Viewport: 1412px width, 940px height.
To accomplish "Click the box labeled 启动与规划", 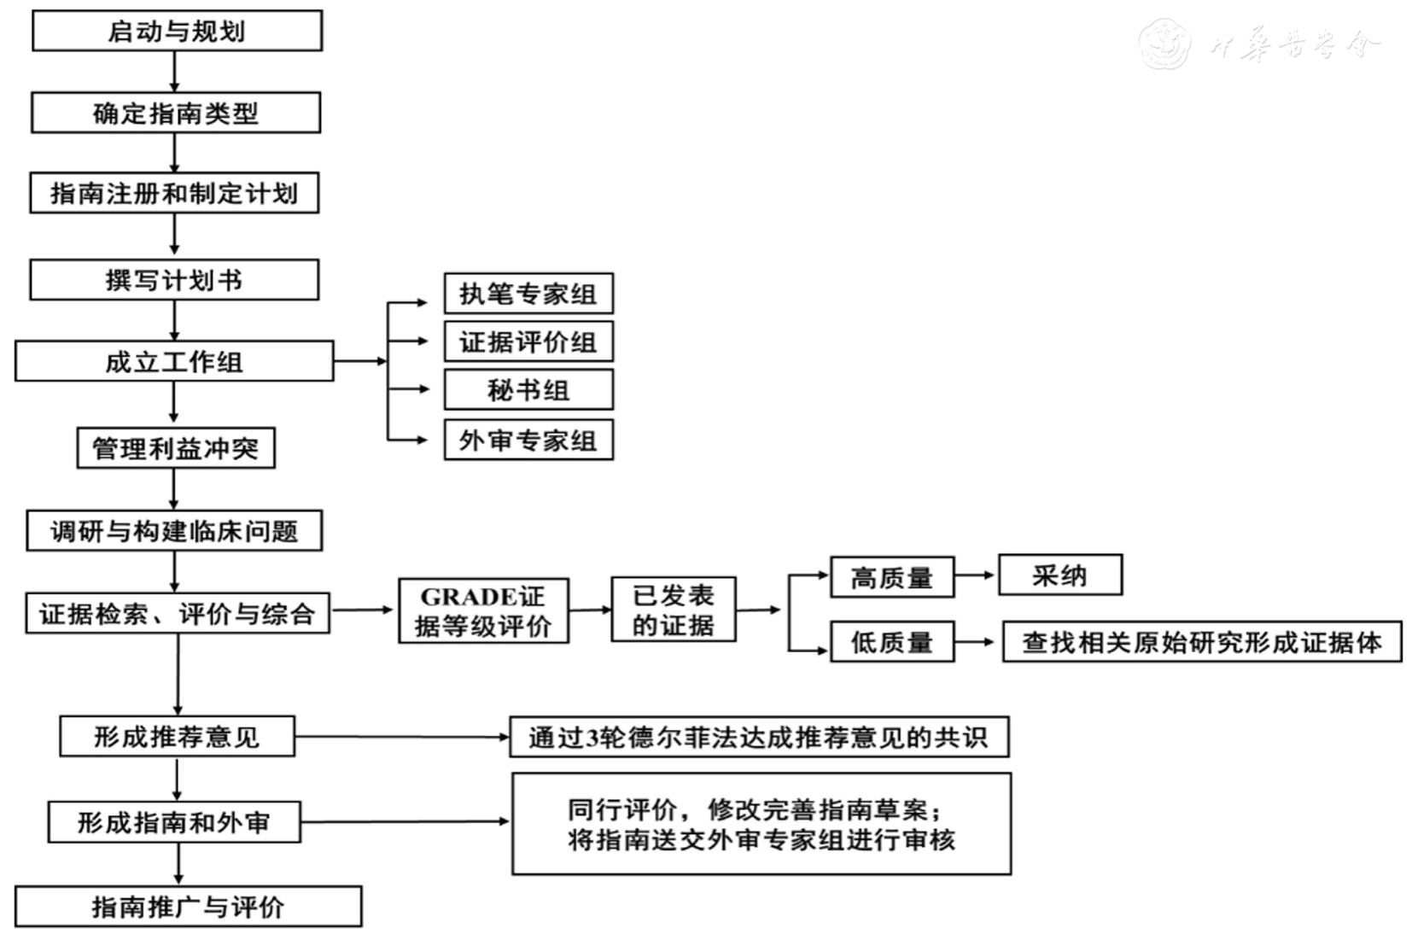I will click(x=177, y=31).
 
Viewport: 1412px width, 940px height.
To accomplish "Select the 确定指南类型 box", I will click(x=176, y=113).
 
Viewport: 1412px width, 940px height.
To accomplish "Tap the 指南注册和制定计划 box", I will click(x=174, y=193).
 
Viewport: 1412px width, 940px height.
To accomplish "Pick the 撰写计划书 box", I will click(x=174, y=280).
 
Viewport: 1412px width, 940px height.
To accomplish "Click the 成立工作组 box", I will click(x=174, y=361).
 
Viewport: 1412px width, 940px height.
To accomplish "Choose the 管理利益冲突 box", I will click(x=176, y=448).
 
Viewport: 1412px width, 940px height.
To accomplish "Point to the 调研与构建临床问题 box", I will click(x=174, y=531).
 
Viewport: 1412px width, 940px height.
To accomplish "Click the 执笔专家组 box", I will click(x=528, y=294).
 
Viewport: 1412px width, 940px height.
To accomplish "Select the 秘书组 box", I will click(x=528, y=390).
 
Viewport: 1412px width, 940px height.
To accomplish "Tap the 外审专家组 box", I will click(x=528, y=440).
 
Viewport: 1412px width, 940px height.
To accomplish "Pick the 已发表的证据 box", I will click(x=673, y=610).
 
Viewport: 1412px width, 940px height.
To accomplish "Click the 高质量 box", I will click(x=892, y=577).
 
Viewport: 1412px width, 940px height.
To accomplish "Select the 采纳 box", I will click(x=1059, y=575).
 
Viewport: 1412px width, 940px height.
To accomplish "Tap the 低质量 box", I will click(x=892, y=642).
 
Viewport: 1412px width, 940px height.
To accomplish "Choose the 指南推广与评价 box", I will click(x=188, y=906).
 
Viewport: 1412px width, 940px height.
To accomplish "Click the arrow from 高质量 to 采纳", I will click(x=976, y=575).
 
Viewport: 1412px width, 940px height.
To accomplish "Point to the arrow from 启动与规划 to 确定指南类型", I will click(x=175, y=72).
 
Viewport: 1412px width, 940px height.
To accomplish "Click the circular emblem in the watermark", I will click(x=1164, y=43).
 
